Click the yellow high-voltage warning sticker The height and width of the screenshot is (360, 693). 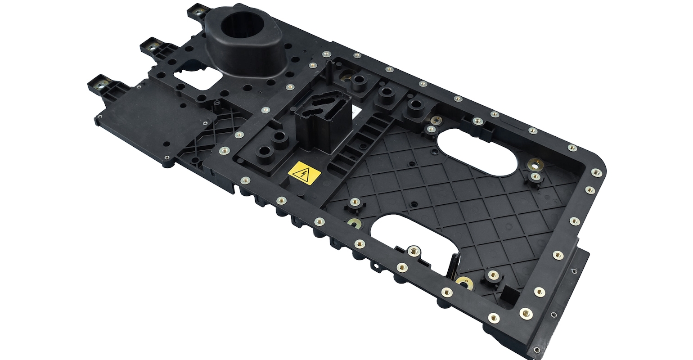[x=305, y=172]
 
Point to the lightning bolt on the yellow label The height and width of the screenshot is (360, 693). [x=305, y=172]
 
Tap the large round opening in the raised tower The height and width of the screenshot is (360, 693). [x=242, y=27]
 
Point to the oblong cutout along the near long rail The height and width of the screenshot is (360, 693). [x=412, y=232]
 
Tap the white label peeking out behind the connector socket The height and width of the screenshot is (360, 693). [x=355, y=109]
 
